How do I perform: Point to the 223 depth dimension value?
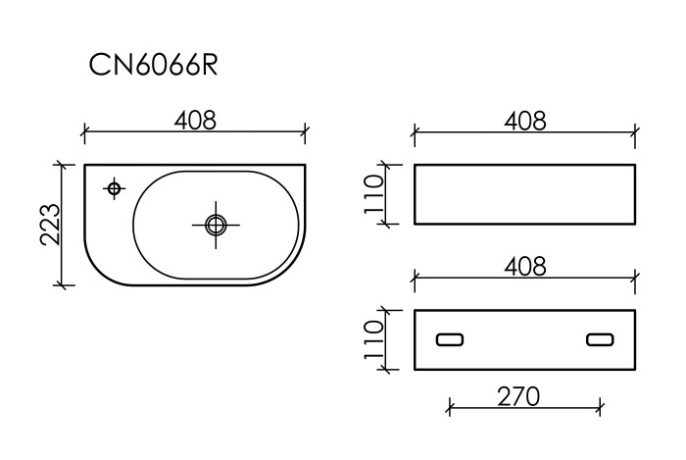49,225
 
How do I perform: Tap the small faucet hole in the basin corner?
114,187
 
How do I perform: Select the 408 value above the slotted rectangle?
524,265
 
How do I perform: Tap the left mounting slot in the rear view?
451,339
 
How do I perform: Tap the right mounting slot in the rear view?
599,339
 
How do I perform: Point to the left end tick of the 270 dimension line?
450,405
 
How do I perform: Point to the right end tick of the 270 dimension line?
600,405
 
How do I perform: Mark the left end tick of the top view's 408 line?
84,130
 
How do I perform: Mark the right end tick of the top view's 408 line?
307,130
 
